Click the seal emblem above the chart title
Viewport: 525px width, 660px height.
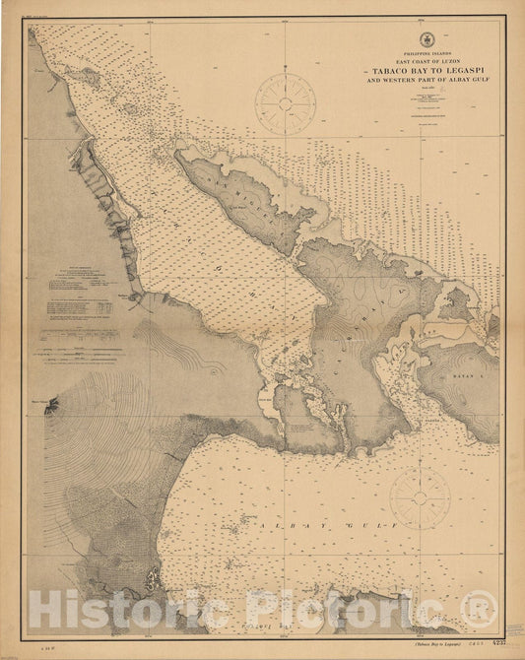pyautogui.click(x=425, y=39)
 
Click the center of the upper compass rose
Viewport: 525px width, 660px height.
pyautogui.click(x=285, y=103)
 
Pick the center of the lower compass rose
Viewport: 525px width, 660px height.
pyautogui.click(x=420, y=498)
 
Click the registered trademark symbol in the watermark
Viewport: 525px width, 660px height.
pyautogui.click(x=478, y=603)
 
